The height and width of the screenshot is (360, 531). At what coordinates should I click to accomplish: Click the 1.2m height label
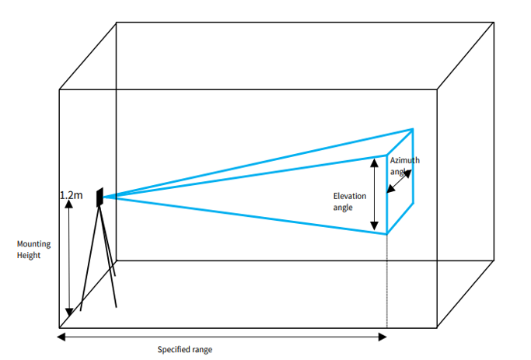pos(71,195)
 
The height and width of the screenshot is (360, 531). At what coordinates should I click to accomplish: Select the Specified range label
pos(185,349)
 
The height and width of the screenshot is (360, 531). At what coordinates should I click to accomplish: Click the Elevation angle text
pos(349,202)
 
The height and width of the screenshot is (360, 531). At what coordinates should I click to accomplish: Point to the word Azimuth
pos(405,160)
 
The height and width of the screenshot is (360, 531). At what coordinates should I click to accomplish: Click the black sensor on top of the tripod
pos(100,197)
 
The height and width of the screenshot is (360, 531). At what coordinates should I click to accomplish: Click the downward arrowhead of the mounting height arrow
pos(69,313)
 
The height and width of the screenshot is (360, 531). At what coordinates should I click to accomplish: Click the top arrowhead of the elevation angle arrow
pos(375,163)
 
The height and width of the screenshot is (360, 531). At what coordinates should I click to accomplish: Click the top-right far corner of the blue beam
pos(413,129)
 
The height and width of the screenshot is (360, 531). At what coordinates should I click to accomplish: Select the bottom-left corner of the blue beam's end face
pos(387,233)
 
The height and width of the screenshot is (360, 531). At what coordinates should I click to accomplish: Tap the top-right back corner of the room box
pos(494,23)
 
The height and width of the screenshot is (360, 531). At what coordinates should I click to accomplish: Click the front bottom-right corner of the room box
pos(437,327)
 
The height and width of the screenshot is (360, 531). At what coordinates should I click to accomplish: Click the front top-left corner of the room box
pos(59,89)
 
